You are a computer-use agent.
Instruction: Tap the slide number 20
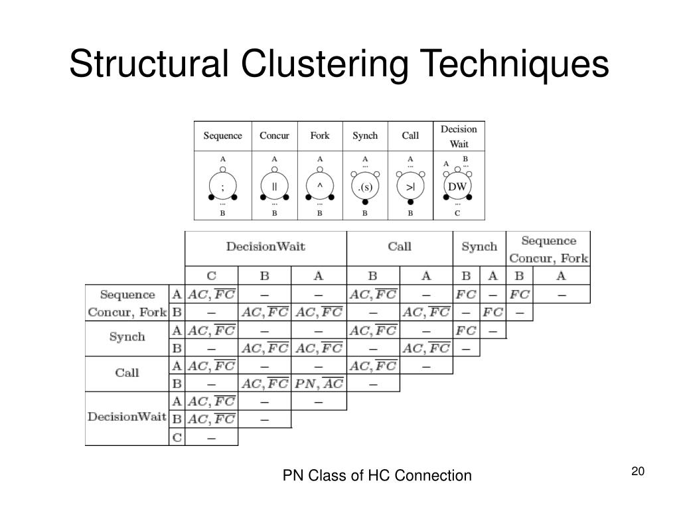coord(638,471)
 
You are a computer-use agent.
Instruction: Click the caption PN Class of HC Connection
coord(377,475)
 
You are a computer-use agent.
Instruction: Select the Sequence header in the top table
coord(222,135)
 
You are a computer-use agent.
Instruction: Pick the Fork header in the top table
coord(320,135)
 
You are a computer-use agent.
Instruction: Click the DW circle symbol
coord(457,186)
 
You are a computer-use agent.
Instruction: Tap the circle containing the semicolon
coord(222,186)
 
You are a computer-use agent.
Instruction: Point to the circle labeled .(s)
coord(365,187)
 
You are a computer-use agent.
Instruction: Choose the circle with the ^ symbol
coord(320,186)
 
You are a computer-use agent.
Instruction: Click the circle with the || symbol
coord(274,186)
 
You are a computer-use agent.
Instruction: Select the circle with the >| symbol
coord(410,187)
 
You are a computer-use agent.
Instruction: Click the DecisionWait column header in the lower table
coord(265,247)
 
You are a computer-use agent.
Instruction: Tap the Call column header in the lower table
coord(400,247)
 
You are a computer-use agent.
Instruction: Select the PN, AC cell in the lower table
coord(319,383)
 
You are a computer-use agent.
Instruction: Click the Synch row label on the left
coord(127,336)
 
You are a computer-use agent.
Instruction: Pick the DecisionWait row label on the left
coord(127,417)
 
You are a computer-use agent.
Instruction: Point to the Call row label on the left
coord(127,372)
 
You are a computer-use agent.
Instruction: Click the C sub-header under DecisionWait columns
coord(211,275)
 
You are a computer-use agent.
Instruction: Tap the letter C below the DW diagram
coord(457,214)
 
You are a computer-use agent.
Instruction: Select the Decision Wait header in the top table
coord(459,136)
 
